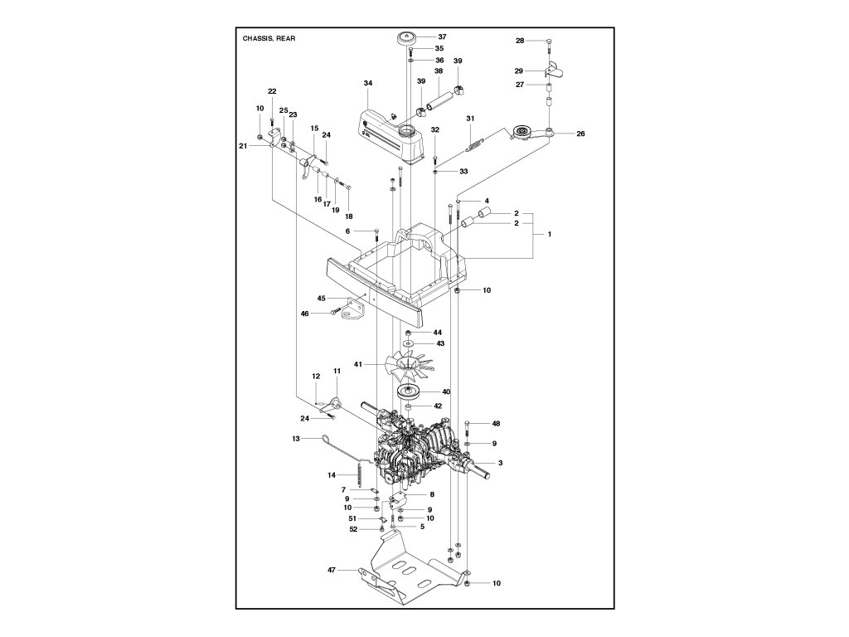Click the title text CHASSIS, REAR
(269, 39)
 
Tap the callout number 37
(442, 36)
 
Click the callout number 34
(368, 83)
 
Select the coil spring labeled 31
(473, 145)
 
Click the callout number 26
(580, 134)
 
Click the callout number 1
(548, 235)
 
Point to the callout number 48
(496, 424)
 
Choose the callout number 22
(272, 90)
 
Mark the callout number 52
(352, 528)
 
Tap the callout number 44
(438, 332)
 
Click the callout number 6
(348, 231)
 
